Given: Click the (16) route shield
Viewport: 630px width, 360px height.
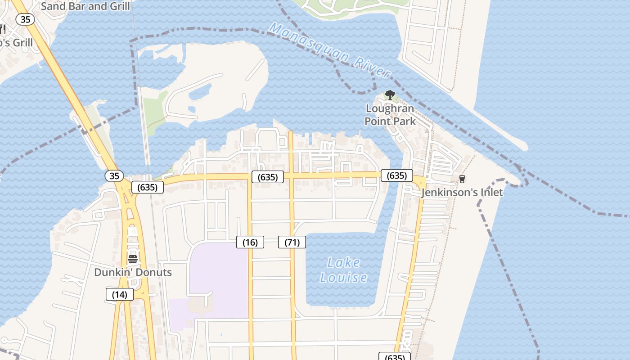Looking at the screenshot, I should pyautogui.click(x=250, y=243).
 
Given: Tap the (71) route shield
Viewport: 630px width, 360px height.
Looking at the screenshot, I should pyautogui.click(x=292, y=243).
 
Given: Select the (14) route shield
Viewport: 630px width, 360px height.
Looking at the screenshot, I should pyautogui.click(x=120, y=295).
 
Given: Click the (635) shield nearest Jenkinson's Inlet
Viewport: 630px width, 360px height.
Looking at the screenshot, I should pyautogui.click(x=396, y=175).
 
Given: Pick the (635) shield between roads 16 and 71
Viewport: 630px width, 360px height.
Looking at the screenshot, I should pyautogui.click(x=267, y=177).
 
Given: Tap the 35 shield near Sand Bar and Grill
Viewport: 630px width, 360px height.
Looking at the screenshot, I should pyautogui.click(x=25, y=19).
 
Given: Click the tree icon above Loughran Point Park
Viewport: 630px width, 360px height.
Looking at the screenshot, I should pyautogui.click(x=390, y=95).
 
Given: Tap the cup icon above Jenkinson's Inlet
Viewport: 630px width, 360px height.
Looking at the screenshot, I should pyautogui.click(x=462, y=179).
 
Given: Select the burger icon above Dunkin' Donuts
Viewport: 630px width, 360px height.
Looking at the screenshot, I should pyautogui.click(x=132, y=259).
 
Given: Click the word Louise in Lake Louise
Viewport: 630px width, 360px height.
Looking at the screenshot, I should pyautogui.click(x=343, y=278).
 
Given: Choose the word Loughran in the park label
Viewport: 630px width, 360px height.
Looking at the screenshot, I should pyautogui.click(x=390, y=109).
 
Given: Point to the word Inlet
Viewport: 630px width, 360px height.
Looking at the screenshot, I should pyautogui.click(x=490, y=193).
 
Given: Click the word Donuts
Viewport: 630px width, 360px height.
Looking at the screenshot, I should pyautogui.click(x=153, y=272).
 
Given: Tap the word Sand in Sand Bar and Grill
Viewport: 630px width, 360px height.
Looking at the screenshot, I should pyautogui.click(x=52, y=6).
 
